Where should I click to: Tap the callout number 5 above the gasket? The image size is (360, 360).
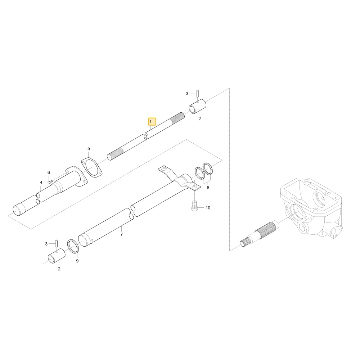coord(89,149)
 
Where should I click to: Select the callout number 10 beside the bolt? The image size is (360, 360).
coord(208,208)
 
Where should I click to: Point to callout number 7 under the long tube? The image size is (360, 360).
coord(121,234)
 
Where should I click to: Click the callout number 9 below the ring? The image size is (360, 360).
coord(77,261)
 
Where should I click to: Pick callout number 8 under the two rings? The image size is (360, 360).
coord(208,188)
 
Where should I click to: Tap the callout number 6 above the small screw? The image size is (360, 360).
coord(49,172)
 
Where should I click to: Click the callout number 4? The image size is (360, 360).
coord(41,183)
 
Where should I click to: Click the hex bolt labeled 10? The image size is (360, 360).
coord(194,205)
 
